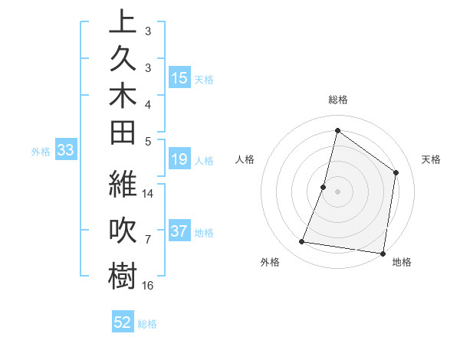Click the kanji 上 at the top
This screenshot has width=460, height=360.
[123, 22]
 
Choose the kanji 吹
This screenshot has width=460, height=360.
[123, 232]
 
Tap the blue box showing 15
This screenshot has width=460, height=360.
[179, 78]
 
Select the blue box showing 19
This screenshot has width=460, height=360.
[179, 160]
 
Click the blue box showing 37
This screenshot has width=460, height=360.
[179, 232]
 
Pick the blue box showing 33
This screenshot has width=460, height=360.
[65, 151]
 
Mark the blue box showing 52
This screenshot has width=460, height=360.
[123, 322]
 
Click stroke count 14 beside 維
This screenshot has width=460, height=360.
[148, 193]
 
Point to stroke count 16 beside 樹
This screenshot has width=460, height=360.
[148, 285]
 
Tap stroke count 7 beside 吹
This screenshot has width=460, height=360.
[148, 240]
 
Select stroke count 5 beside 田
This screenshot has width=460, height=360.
[148, 141]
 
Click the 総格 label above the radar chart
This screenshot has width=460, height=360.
[337, 100]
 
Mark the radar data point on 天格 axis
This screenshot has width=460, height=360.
[396, 172]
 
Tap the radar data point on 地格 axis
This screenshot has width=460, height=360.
[383, 253]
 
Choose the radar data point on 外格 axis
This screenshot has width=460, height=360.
[302, 242]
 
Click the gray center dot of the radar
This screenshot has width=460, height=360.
[337, 191]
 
